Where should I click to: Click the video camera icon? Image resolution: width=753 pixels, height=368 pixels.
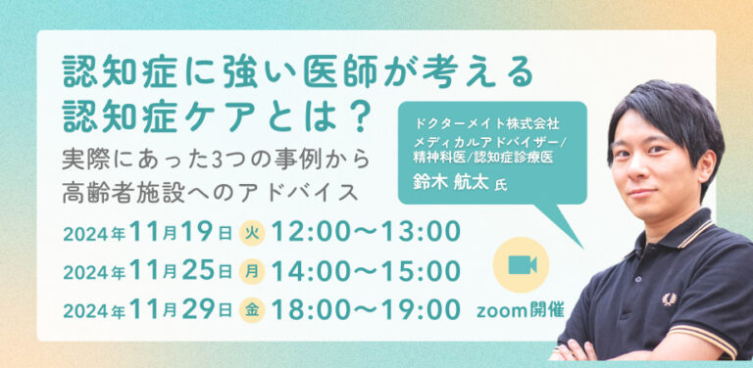(x=522, y=265)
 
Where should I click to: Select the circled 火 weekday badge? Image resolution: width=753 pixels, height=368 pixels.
(x=252, y=234)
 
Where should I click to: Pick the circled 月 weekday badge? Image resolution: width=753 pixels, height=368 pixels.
(x=252, y=272)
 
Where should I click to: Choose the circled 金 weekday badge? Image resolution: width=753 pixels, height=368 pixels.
(x=252, y=309)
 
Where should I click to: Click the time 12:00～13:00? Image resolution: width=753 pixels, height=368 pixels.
(x=366, y=232)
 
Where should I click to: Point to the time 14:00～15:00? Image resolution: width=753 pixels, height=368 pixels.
(x=366, y=271)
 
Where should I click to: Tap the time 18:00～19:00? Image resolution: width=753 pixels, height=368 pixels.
(x=366, y=309)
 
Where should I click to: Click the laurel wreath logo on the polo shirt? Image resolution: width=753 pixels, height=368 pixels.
(x=669, y=299)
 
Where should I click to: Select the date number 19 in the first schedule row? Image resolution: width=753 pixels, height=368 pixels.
(x=198, y=233)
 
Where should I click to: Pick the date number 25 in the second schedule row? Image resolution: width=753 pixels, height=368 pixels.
(x=198, y=271)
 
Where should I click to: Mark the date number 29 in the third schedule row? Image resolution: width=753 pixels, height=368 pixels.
(x=198, y=309)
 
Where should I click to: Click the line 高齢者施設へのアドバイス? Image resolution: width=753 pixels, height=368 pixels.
(x=211, y=193)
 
